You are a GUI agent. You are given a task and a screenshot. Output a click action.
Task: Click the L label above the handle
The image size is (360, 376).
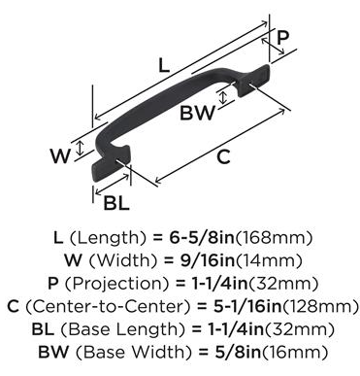point(164,66)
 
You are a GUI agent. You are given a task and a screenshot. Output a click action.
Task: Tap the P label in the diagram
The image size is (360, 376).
point(282,38)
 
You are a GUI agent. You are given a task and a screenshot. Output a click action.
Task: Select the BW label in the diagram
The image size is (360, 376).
point(197,113)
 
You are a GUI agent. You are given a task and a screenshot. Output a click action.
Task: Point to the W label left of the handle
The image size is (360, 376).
point(60,155)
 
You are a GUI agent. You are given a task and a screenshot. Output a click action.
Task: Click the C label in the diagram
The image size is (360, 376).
point(223,157)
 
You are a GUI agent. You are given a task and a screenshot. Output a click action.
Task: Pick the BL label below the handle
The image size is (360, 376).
point(116,203)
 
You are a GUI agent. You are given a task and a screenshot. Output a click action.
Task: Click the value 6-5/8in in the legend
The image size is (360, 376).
point(202,238)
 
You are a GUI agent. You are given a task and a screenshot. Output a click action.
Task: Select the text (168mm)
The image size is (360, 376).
point(274,238)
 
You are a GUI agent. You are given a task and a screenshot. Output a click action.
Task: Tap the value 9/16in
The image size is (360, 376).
point(208,260)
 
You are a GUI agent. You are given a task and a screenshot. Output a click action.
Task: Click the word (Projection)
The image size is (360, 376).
point(116,284)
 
